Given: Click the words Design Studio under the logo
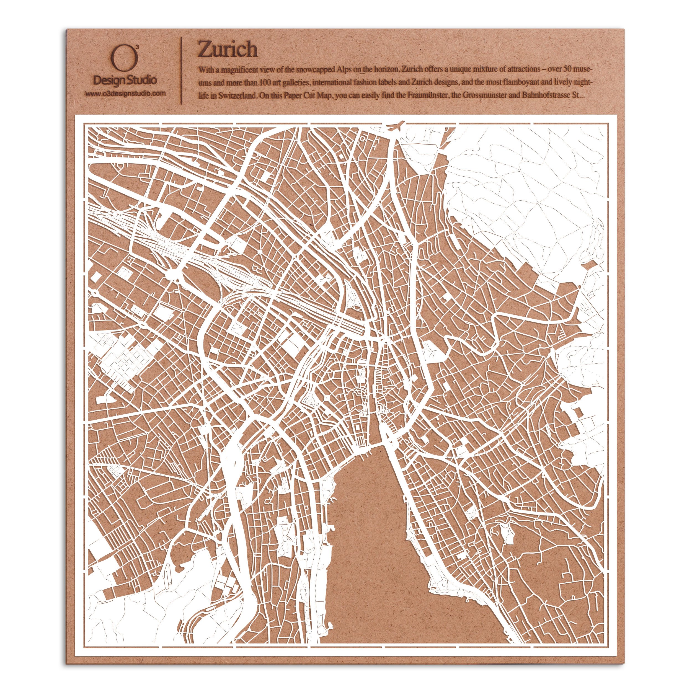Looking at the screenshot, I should coord(125,80).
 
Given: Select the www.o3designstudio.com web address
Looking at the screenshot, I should coord(125,94).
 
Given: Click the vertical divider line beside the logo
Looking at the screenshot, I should coord(182,71).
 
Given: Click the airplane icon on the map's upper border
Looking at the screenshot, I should coord(395,126).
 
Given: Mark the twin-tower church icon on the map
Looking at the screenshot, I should coord(384,408).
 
